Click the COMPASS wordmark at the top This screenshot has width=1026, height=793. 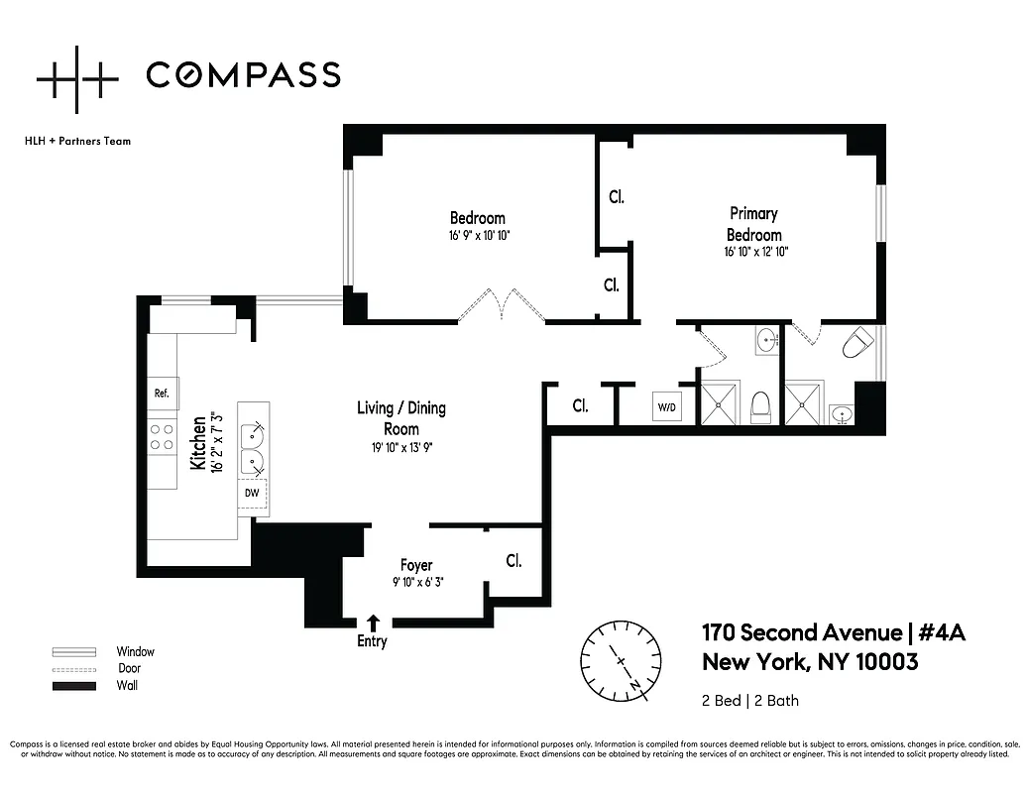click(x=243, y=74)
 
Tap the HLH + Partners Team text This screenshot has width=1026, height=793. click(x=77, y=141)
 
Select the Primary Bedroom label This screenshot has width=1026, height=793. click(x=754, y=224)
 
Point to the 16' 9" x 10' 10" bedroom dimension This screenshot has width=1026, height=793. click(x=478, y=236)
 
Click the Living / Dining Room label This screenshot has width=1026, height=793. click(x=401, y=418)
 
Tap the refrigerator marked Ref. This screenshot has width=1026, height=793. click(x=162, y=393)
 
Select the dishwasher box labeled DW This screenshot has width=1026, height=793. click(x=252, y=492)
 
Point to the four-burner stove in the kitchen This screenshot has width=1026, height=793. click(x=162, y=438)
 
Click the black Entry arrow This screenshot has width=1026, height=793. click(x=373, y=623)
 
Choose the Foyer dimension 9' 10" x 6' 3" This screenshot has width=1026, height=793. click(x=416, y=582)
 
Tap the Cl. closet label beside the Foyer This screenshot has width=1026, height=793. click(x=513, y=561)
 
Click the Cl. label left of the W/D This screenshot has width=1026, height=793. click(x=580, y=405)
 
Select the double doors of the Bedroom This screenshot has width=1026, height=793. click(x=502, y=304)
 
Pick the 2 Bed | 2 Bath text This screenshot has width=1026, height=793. click(x=749, y=701)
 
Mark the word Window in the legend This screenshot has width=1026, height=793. click(x=136, y=651)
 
